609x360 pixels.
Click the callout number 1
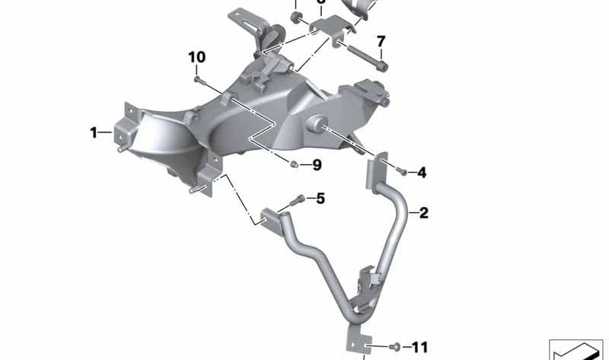pyautogui.click(x=94, y=133)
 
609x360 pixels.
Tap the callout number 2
pyautogui.click(x=424, y=213)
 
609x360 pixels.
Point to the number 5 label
pyautogui.click(x=320, y=199)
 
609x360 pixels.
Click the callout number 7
pyautogui.click(x=381, y=41)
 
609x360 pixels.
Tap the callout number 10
pyautogui.click(x=197, y=57)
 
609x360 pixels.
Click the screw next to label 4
pyautogui.click(x=403, y=172)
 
